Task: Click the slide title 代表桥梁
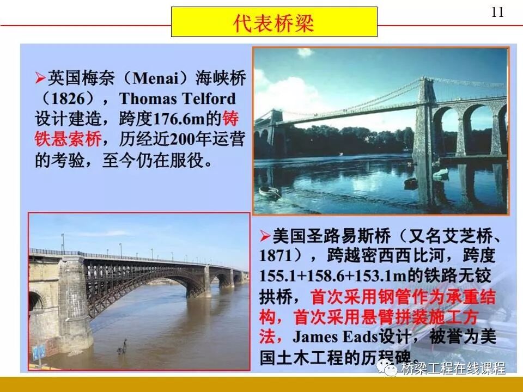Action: point(274,22)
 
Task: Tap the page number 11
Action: point(497,13)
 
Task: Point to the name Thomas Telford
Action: point(178,99)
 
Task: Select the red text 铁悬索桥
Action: point(69,139)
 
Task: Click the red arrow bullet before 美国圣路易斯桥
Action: point(265,236)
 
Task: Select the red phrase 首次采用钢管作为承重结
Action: point(403,296)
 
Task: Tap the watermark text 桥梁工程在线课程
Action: point(453,369)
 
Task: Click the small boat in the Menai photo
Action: point(270,191)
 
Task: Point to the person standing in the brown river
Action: point(125,346)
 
